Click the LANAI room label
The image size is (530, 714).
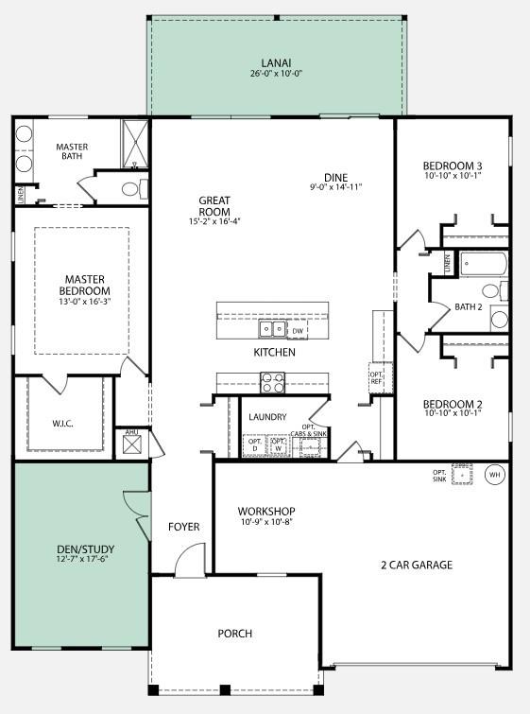pyautogui.click(x=276, y=62)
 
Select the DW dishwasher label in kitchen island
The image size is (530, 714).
pyautogui.click(x=297, y=331)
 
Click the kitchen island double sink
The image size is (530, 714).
pyautogui.click(x=272, y=329)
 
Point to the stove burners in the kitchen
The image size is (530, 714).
pyautogui.click(x=272, y=382)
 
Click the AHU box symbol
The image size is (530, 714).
pyautogui.click(x=131, y=445)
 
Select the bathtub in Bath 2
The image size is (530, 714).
pyautogui.click(x=483, y=263)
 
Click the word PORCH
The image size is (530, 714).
pyautogui.click(x=235, y=633)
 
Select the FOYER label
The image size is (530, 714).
pyautogui.click(x=183, y=527)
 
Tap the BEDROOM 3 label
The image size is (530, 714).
pyautogui.click(x=453, y=166)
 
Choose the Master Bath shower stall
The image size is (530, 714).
pyautogui.click(x=135, y=142)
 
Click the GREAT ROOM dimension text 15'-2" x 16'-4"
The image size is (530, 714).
pyautogui.click(x=214, y=221)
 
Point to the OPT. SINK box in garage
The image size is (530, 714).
pyautogui.click(x=462, y=475)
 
